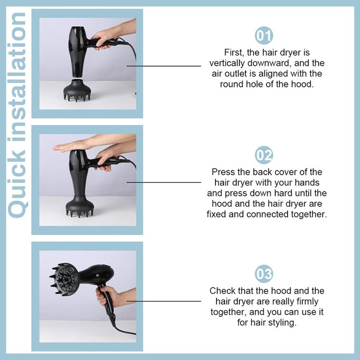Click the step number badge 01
point(264,36)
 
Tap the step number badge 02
point(264,155)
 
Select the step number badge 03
point(264,274)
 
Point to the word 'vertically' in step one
point(227,63)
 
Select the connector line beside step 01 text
point(164,66)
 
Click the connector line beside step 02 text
point(164,182)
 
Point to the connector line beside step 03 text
point(164,301)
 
